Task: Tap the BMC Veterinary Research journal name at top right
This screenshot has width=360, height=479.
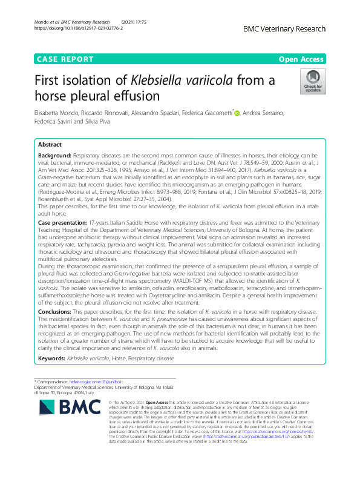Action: click(x=284, y=29)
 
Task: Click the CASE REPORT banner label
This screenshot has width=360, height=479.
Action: click(x=65, y=59)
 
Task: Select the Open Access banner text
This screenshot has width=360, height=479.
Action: click(x=302, y=59)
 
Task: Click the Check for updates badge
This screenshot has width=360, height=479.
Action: click(x=313, y=81)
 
